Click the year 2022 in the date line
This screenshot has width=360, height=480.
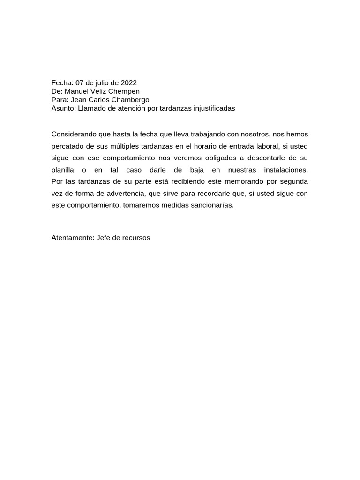pyautogui.click(x=128, y=83)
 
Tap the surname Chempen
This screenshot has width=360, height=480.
pyautogui.click(x=124, y=91)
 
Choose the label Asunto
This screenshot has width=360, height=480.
pyautogui.click(x=63, y=108)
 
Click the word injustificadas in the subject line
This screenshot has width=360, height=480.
pyautogui.click(x=214, y=108)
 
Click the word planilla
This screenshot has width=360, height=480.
pyautogui.click(x=63, y=169)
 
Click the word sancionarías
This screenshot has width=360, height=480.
pyautogui.click(x=210, y=205)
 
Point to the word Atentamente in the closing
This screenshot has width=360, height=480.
pyautogui.click(x=72, y=238)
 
